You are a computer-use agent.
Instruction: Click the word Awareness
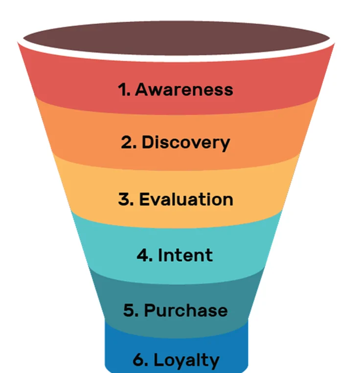point(184,90)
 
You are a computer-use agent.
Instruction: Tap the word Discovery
point(185,142)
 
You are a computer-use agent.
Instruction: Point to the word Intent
point(185,255)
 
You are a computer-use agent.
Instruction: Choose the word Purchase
point(186,310)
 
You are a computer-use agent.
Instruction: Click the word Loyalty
point(187,361)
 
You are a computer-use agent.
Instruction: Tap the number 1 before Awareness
point(122,90)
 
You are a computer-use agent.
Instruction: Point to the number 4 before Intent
point(144,255)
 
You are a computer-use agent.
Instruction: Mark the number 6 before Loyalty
point(140,361)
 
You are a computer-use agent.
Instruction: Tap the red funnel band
point(64,78)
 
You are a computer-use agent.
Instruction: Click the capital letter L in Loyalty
point(159,361)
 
